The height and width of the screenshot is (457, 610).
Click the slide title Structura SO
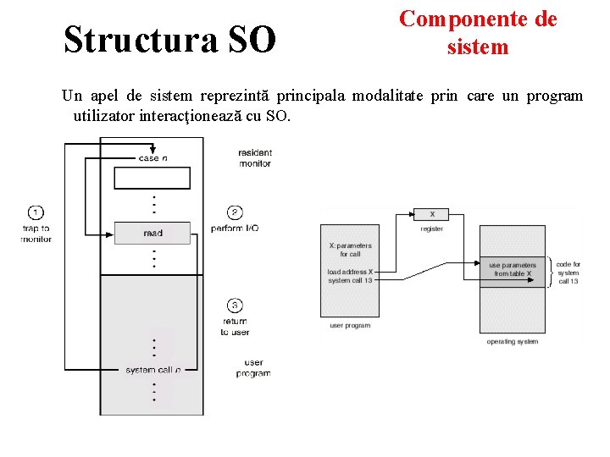(x=169, y=39)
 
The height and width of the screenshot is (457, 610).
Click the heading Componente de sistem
(x=478, y=32)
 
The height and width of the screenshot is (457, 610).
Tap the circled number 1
(x=36, y=212)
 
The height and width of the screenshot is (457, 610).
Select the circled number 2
(x=235, y=212)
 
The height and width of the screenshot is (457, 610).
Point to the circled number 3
(x=235, y=306)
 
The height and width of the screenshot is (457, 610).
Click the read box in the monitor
(x=152, y=233)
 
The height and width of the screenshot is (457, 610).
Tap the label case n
(x=152, y=158)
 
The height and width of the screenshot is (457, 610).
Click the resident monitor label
(x=254, y=157)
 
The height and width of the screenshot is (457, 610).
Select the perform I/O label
(x=235, y=229)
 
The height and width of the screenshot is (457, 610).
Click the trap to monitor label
(x=36, y=234)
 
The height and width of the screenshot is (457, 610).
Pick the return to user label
(x=235, y=327)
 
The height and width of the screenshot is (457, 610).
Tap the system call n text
(x=152, y=370)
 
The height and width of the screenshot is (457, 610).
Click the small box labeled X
(x=432, y=214)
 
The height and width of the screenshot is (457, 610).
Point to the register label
(x=432, y=228)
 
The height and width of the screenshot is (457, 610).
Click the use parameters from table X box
(x=513, y=269)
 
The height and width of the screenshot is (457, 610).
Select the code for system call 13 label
(x=568, y=273)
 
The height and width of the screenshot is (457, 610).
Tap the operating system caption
(x=513, y=342)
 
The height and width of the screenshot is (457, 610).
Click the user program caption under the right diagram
(x=350, y=326)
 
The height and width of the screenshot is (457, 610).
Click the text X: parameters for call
(x=350, y=250)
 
